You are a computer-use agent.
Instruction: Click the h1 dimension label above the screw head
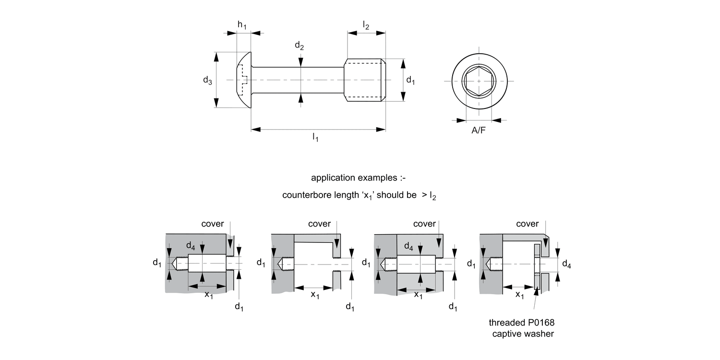pos(242,26)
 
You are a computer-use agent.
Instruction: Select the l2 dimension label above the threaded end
pos(366,26)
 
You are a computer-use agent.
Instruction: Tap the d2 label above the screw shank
pos(299,46)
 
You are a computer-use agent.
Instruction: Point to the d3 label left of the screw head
pos(207,81)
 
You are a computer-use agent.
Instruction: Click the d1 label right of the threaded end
pos(410,81)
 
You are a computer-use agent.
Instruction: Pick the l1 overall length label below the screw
pos(316,138)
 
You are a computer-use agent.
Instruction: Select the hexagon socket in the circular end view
pos(479,81)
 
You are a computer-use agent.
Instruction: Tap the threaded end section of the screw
pos(365,80)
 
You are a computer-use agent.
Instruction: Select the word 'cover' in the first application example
pos(213,224)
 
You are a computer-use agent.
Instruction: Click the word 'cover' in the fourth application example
pos(527,224)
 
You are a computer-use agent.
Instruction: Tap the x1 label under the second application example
pos(315,295)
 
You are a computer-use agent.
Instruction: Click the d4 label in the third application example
pos(408,247)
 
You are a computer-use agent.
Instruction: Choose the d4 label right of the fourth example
pos(566,264)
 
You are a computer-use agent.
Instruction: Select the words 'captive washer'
pos(523,334)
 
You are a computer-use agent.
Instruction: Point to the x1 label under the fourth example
pos(520,295)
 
